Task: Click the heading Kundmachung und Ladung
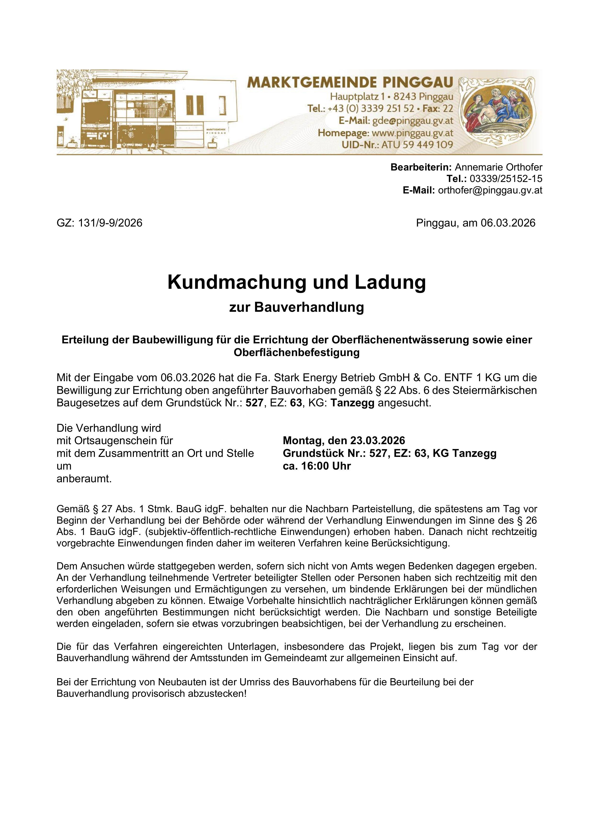click(297, 283)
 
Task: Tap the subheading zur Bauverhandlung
click(297, 307)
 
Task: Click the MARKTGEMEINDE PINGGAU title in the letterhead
click(350, 82)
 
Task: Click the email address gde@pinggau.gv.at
click(412, 121)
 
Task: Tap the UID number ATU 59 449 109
click(417, 145)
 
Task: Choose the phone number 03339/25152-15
click(506, 179)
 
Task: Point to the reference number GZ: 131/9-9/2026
click(100, 223)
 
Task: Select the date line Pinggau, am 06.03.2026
click(475, 223)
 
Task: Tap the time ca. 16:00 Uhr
click(317, 466)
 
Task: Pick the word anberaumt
click(84, 479)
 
